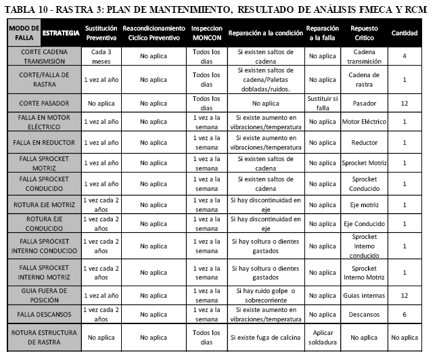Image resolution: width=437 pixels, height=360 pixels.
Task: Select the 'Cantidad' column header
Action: (405, 32)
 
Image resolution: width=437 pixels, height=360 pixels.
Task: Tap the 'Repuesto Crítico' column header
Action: (365, 32)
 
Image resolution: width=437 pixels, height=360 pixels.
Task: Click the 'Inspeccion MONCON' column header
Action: (206, 32)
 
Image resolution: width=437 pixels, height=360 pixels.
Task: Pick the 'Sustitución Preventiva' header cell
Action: (101, 32)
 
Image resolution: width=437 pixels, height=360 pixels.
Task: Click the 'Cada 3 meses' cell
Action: (101, 56)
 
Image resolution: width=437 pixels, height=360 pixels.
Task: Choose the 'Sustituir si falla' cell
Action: (322, 104)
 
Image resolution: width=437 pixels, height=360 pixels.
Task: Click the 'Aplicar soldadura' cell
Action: (322, 337)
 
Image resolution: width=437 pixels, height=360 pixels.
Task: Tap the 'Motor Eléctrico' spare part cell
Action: (365, 122)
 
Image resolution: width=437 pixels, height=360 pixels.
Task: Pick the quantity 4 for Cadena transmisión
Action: (405, 56)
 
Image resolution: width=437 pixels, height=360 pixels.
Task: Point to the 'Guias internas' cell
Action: (365, 295)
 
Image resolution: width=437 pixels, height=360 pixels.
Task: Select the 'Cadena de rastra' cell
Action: (365, 80)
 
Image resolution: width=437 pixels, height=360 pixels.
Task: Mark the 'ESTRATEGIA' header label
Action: (60, 32)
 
